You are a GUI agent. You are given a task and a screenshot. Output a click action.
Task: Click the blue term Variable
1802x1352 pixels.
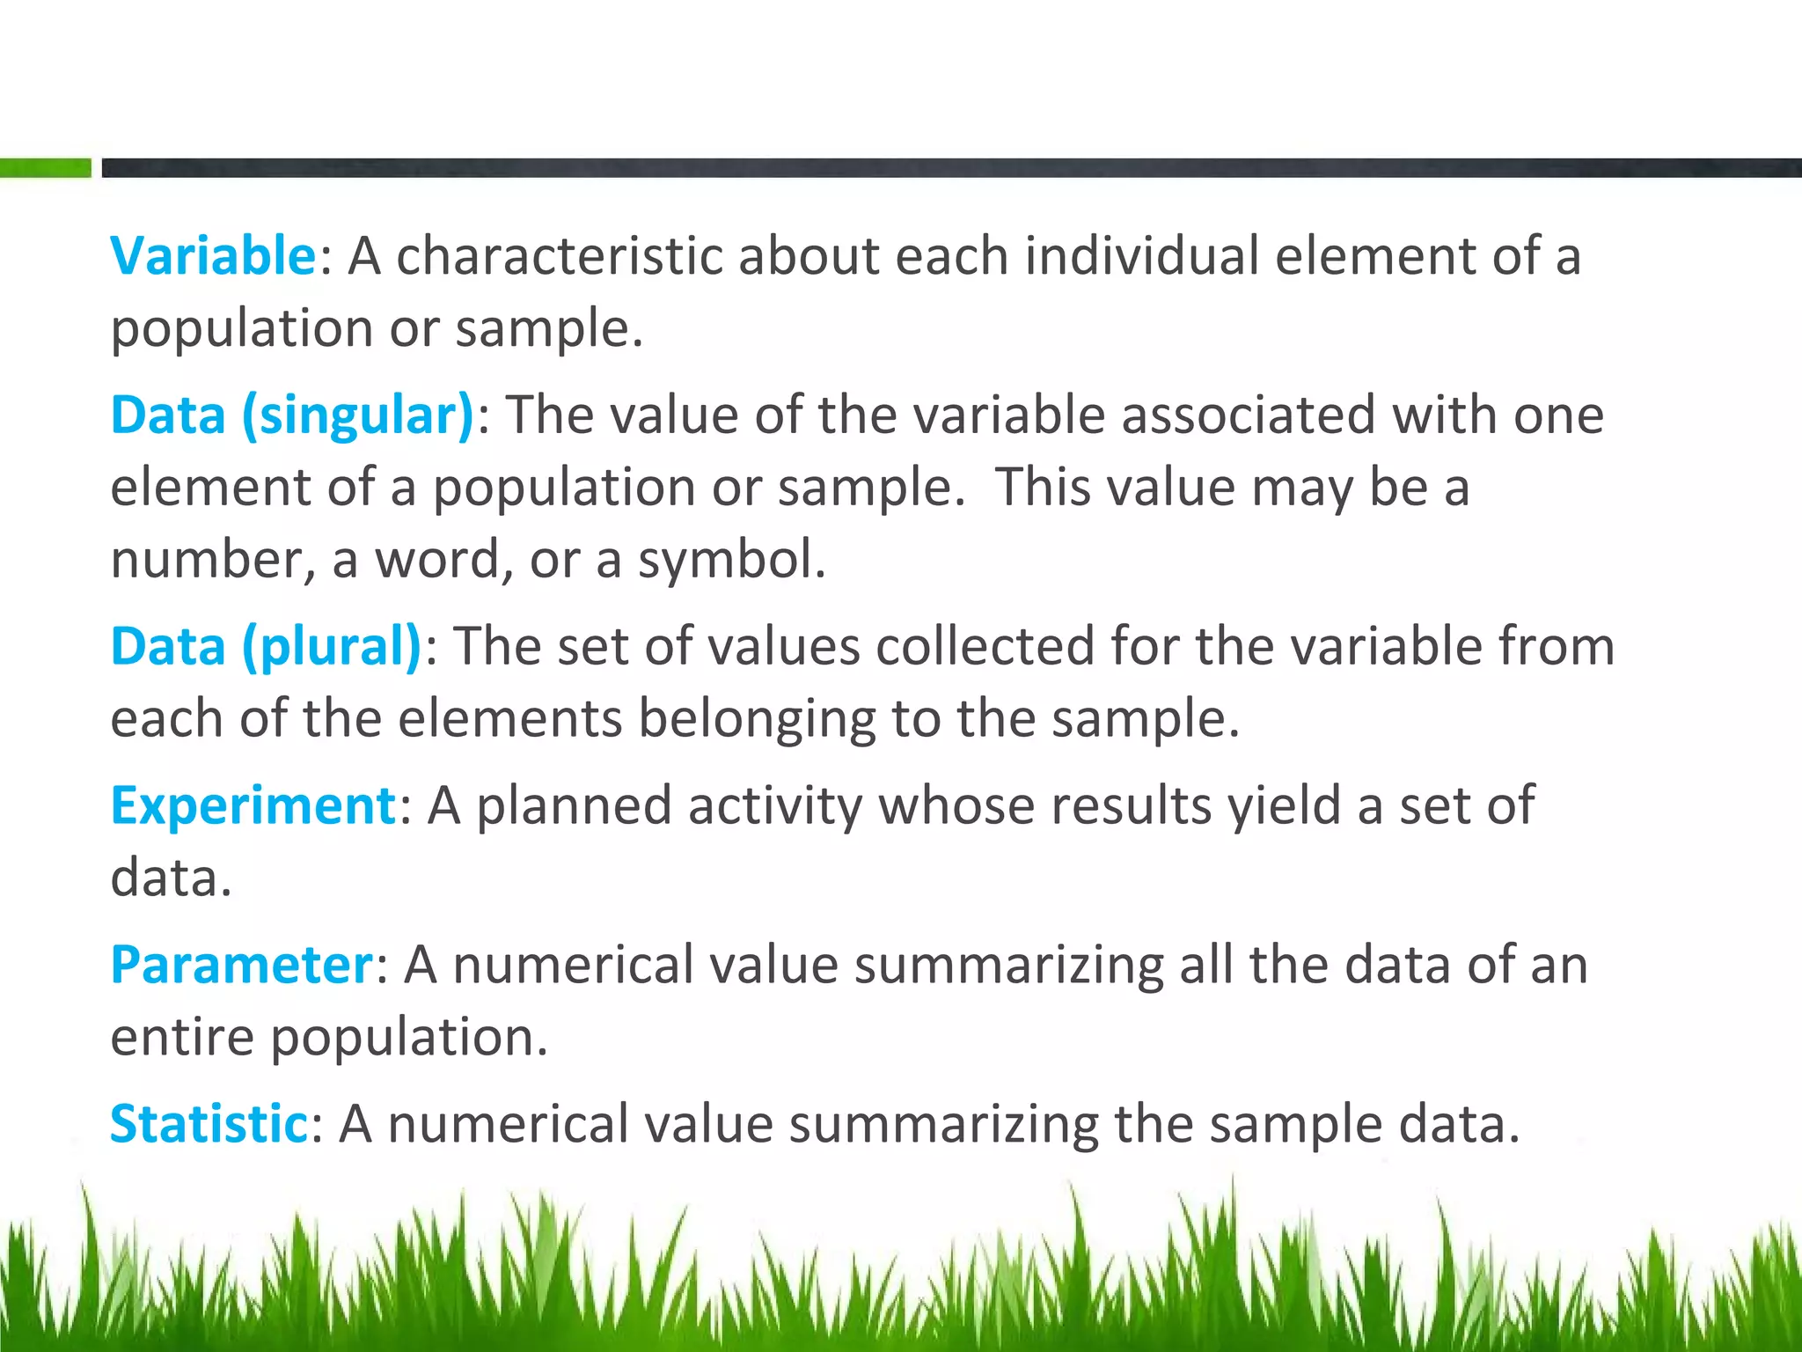pyautogui.click(x=212, y=256)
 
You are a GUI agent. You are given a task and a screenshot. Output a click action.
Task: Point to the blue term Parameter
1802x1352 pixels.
pyautogui.click(x=242, y=965)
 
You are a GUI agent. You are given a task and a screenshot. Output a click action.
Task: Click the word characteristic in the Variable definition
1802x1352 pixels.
pyautogui.click(x=559, y=256)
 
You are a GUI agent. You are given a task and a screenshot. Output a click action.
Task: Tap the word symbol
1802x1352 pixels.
pyautogui.click(x=731, y=560)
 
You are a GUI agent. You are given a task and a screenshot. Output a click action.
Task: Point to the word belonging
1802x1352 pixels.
pyautogui.click(x=757, y=720)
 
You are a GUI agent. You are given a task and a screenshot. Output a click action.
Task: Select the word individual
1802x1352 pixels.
pyautogui.click(x=1141, y=256)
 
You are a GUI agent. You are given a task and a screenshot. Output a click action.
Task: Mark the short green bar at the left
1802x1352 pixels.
pyautogui.click(x=45, y=167)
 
